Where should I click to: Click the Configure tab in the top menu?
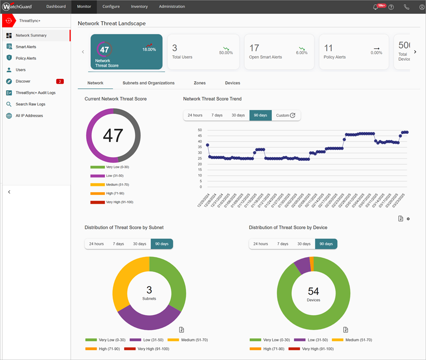click(x=111, y=7)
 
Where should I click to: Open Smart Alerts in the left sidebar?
click(x=26, y=47)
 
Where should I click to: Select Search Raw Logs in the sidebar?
click(x=30, y=104)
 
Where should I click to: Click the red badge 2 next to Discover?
click(x=60, y=81)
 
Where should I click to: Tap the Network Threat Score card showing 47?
click(x=126, y=52)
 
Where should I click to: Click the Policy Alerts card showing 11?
click(x=354, y=52)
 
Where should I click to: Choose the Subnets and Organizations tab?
click(x=148, y=83)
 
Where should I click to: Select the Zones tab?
click(x=199, y=83)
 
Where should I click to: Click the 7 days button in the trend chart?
click(x=217, y=115)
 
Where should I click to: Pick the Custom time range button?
click(x=285, y=115)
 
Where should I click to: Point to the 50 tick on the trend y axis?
click(x=200, y=130)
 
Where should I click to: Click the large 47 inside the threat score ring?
click(x=113, y=135)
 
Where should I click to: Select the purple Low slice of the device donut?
click(x=302, y=266)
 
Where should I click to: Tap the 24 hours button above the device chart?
click(x=260, y=244)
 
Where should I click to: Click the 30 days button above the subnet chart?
click(x=139, y=244)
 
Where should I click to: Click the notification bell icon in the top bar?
click(x=376, y=7)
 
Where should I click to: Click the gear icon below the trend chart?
click(x=408, y=219)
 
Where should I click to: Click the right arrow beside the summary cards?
click(x=415, y=52)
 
